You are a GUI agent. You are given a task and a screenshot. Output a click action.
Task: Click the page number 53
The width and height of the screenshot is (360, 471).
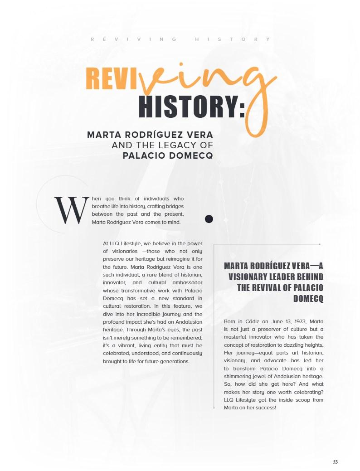coord(335,462)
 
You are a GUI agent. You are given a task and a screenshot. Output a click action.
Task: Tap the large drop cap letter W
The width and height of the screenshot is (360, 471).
coord(70,210)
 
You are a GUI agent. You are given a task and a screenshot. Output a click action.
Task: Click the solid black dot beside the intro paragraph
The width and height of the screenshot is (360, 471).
coord(209,219)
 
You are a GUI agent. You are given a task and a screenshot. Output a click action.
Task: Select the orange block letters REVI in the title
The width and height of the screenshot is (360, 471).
coord(112,79)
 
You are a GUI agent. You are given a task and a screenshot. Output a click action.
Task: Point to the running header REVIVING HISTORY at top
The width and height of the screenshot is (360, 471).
coord(180,39)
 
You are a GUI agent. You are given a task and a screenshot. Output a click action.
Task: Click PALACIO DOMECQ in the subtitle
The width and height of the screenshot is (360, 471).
coord(168,155)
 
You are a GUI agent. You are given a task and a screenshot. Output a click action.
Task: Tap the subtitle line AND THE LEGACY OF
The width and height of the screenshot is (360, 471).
coord(162,145)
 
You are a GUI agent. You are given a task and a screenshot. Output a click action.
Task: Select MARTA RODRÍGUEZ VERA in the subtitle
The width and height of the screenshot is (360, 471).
coord(150,135)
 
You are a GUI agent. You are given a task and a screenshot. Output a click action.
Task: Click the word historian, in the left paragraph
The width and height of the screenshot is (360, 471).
coord(189,275)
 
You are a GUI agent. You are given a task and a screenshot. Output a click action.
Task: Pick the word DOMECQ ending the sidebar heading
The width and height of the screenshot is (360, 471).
coord(308,299)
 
